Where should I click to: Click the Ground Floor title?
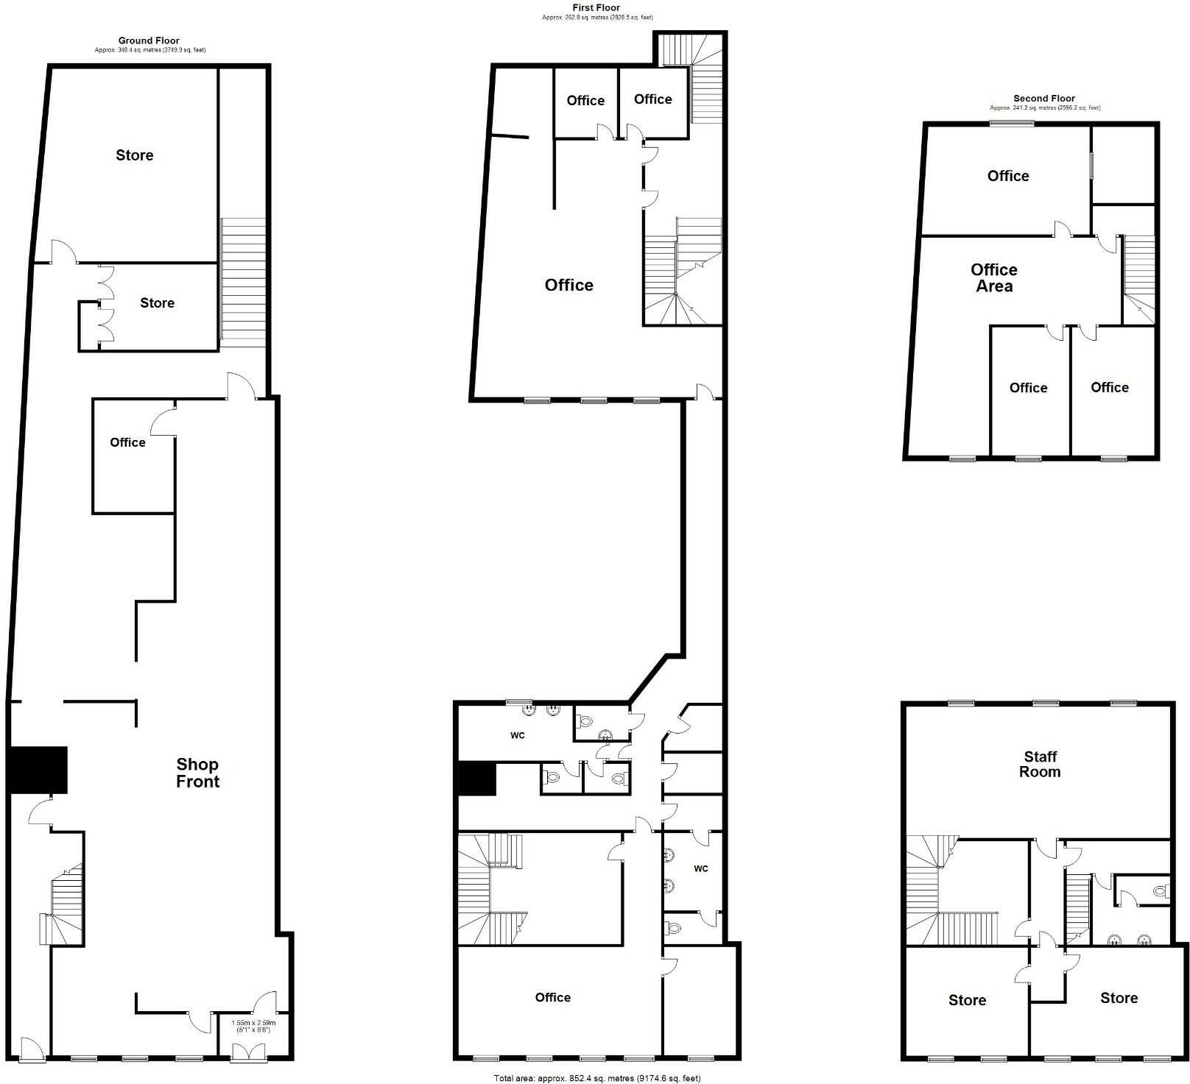point(149,40)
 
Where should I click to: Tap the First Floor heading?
point(596,7)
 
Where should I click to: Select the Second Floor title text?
point(1043,98)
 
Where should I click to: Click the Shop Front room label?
point(197,773)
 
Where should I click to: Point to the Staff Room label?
point(1040,764)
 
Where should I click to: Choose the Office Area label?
point(994,277)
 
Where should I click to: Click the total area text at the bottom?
point(596,1078)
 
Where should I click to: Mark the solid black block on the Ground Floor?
point(38,770)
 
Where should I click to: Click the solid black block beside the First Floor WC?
point(477,779)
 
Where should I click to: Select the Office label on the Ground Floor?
point(127,442)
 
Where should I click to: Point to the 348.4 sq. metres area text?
point(149,50)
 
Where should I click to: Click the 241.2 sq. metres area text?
point(1044,107)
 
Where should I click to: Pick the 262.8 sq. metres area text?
point(596,17)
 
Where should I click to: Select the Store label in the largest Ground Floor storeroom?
point(135,155)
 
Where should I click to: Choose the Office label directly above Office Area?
point(1008,176)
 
